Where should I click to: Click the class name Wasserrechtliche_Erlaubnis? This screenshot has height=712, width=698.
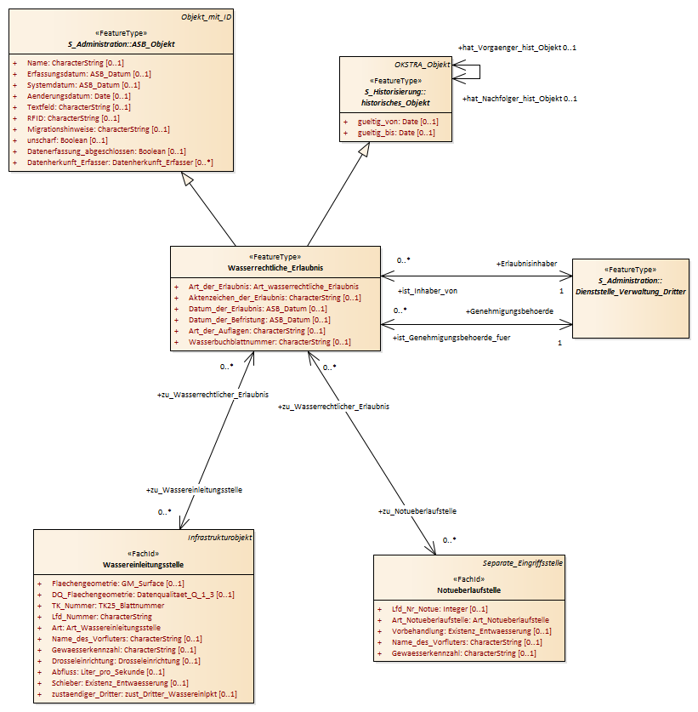[275, 268]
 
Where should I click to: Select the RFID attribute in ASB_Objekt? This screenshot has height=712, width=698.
[73, 118]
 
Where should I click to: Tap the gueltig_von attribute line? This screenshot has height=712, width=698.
[398, 122]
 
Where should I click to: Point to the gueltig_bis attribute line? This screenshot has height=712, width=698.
[395, 133]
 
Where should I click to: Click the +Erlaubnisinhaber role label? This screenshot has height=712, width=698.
[526, 264]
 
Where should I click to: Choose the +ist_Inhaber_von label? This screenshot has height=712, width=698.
[428, 291]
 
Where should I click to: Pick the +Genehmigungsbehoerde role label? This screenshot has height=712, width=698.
[509, 311]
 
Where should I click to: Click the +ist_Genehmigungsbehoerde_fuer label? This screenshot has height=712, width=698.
[451, 338]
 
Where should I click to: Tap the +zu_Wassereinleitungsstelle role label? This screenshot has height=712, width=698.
[194, 491]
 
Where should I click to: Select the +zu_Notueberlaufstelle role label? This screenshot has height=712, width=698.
[417, 511]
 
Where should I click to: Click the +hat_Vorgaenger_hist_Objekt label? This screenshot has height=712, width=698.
[509, 48]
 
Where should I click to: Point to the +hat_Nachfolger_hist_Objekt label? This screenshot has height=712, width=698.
[513, 99]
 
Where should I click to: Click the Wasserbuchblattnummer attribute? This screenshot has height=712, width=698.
[270, 342]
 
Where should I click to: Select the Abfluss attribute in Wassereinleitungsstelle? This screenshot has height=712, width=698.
[108, 672]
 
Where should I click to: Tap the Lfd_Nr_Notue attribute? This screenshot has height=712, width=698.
[440, 609]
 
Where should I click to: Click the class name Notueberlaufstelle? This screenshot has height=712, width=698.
[468, 590]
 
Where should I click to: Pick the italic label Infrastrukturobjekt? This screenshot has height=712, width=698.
[219, 538]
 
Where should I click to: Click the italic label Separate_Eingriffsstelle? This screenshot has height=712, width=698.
[522, 563]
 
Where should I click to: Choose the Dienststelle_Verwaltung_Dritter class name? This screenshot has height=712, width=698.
[630, 292]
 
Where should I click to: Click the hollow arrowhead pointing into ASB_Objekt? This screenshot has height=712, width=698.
[188, 179]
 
